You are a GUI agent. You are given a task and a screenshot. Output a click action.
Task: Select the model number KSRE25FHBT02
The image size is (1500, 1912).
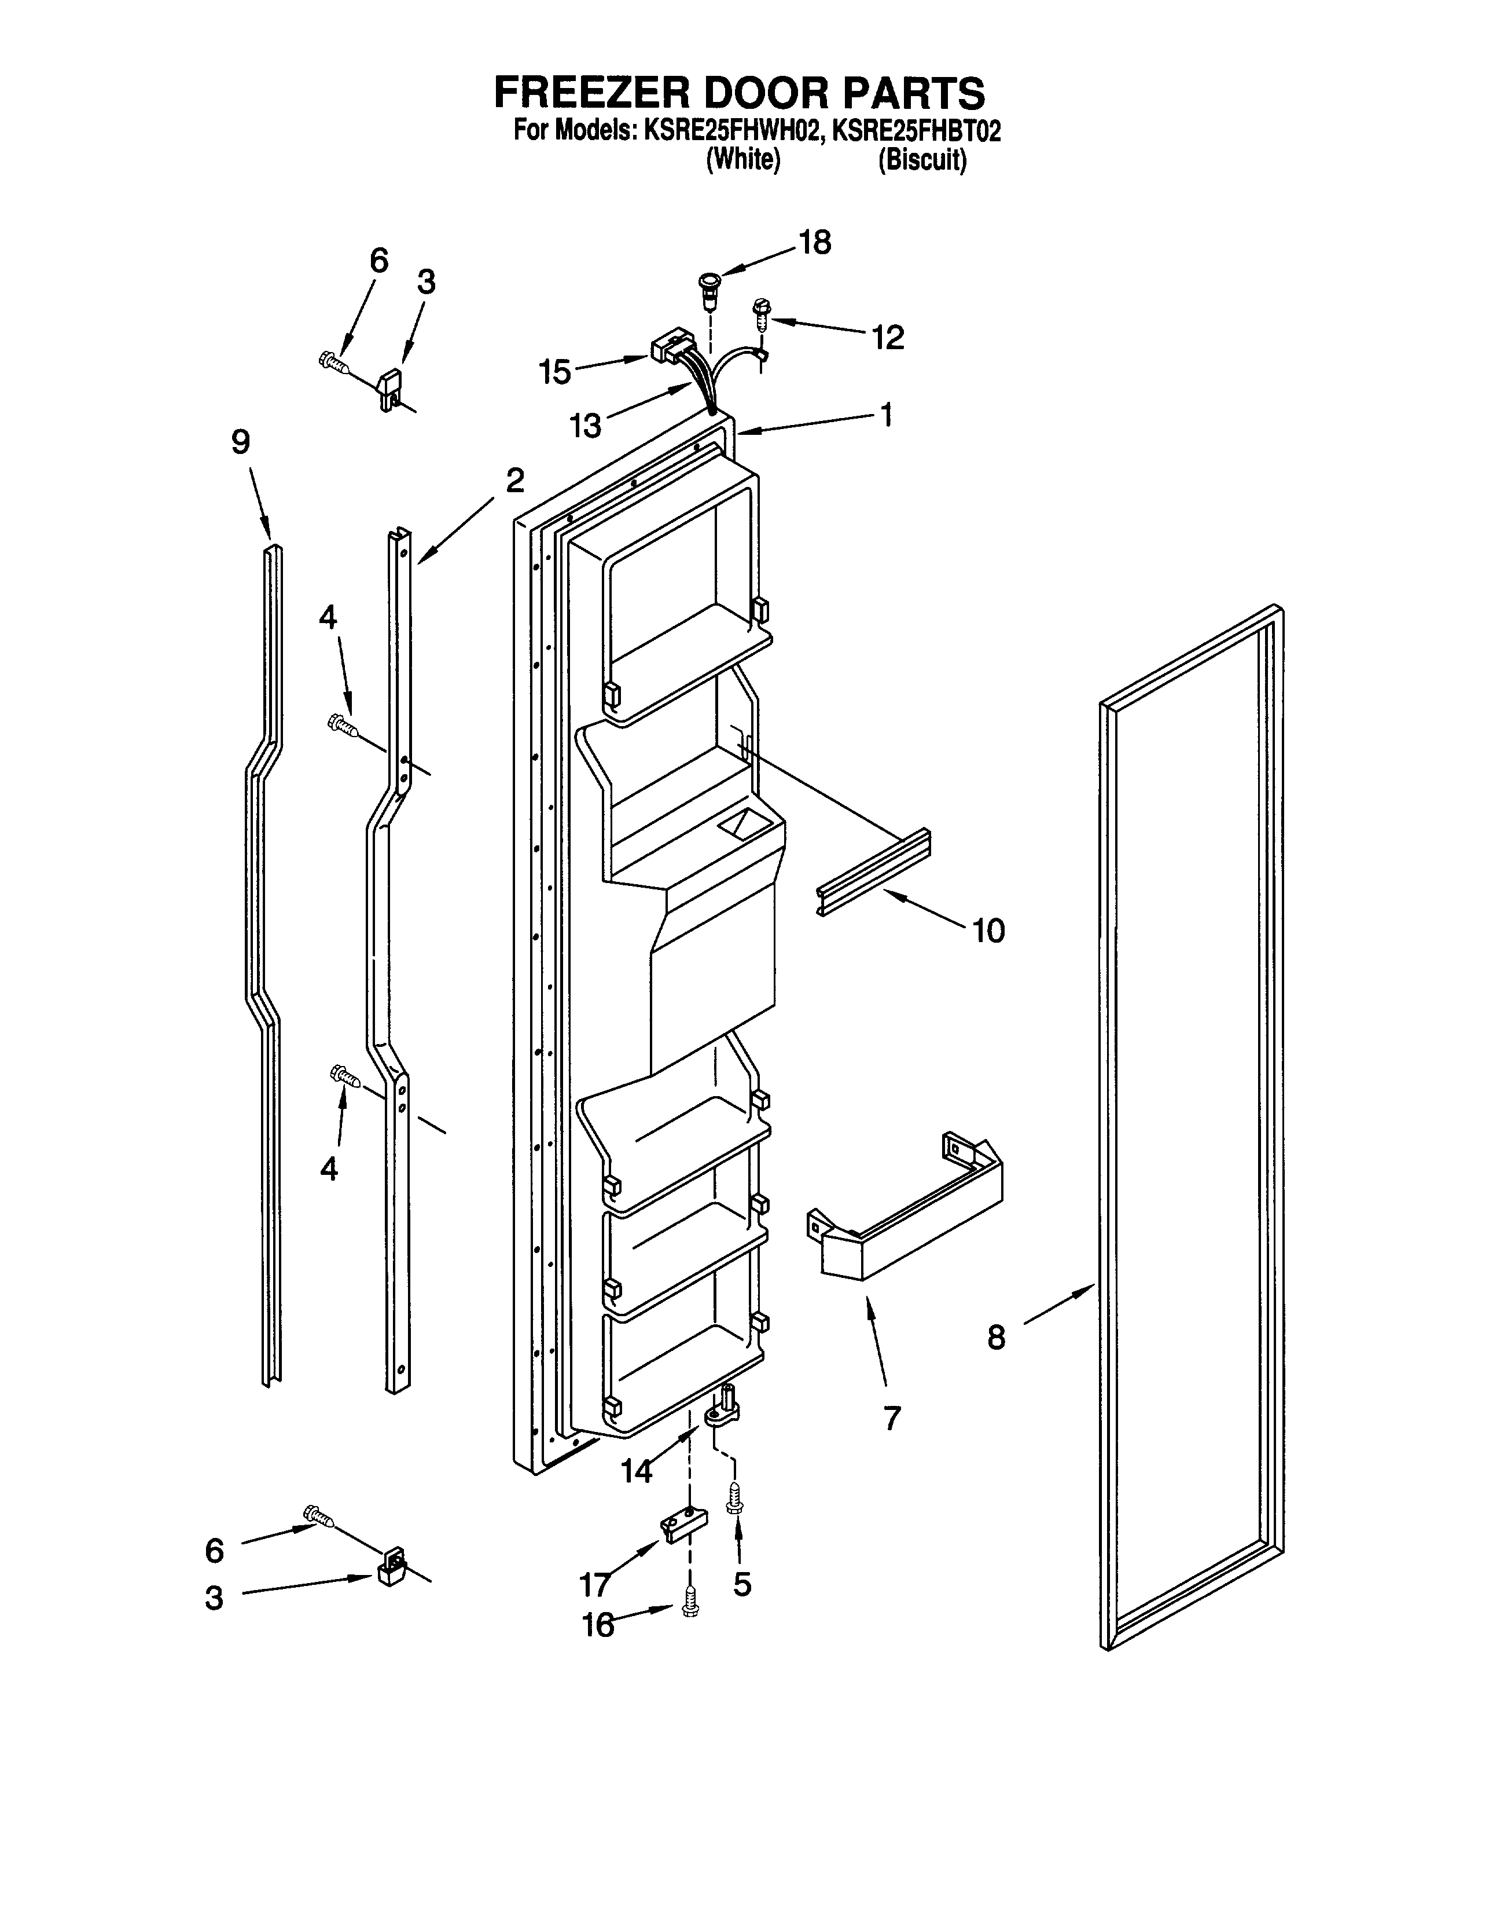[x=916, y=132]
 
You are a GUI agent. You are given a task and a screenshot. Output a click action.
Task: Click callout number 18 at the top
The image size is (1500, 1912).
[x=815, y=243]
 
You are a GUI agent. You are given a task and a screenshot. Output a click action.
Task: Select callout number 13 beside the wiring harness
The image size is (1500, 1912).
[x=585, y=426]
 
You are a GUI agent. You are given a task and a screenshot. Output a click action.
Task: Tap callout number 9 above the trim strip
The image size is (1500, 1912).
[x=241, y=442]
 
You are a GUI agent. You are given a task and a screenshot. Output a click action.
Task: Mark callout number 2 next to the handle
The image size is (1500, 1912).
[x=514, y=480]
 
